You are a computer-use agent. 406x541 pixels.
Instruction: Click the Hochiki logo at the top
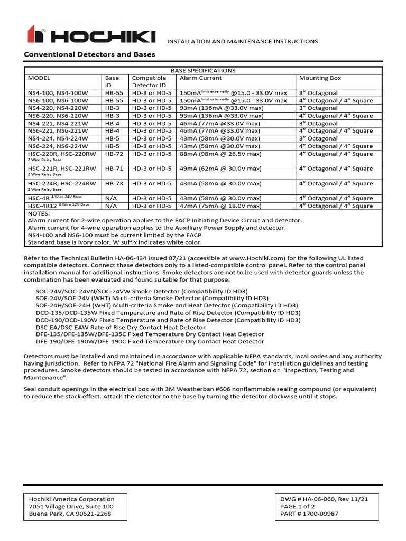pos(91,35)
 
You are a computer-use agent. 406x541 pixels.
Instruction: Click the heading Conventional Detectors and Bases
pos(90,54)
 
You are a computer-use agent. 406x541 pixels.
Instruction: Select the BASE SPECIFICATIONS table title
pos(202,70)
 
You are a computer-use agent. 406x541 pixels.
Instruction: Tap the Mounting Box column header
pos(320,78)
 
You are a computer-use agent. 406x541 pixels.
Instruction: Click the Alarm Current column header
pos(200,78)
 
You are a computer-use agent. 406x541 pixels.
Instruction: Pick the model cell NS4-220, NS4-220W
pos(58,108)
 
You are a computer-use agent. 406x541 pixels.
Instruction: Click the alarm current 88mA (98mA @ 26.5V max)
pos(221,154)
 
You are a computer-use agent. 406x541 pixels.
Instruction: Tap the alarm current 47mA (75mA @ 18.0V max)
pos(221,206)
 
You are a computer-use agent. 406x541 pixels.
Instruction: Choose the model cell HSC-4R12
pos(42,206)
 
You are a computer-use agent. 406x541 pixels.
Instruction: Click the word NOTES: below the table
pos(39,213)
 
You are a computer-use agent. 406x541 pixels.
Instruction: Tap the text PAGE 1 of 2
pos(299,506)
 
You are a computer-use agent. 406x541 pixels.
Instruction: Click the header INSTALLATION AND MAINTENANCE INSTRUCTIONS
pos(243,41)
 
